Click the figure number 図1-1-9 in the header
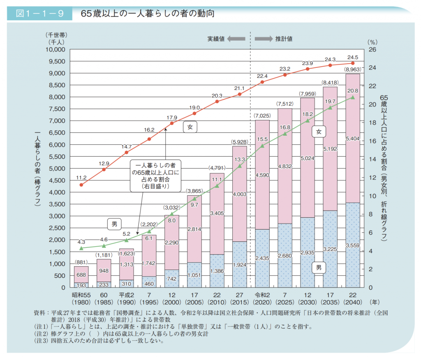click(39, 14)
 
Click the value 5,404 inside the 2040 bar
click(352, 139)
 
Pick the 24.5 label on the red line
click(353, 57)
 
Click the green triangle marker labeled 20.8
click(352, 97)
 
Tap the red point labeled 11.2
click(81, 185)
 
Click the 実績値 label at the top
click(216, 39)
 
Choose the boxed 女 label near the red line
click(190, 127)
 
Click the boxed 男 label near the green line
click(114, 224)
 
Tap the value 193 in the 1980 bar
click(81, 285)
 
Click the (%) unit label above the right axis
click(372, 42)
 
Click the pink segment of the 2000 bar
click(172, 242)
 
